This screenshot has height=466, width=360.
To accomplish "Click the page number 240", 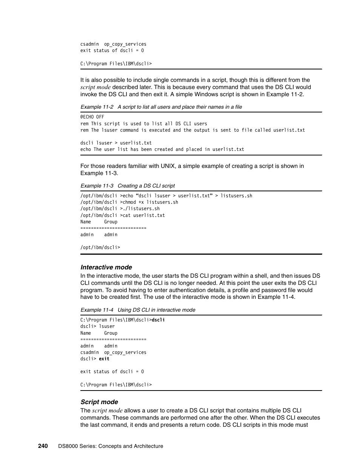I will point(43,446).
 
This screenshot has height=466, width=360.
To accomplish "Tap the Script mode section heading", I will point(99,402).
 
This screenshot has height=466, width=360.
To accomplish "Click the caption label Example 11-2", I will point(97,107).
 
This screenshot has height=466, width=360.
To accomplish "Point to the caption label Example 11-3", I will point(97,186).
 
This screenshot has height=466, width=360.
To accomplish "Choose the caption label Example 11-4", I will point(97,310).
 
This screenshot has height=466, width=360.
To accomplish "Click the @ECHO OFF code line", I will point(92,117).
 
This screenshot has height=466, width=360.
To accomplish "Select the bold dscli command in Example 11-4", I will point(158,320).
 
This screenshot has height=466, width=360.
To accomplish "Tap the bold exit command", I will point(104,359).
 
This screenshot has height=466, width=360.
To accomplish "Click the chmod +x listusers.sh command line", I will point(129,202).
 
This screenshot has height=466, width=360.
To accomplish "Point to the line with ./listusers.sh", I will point(120,209).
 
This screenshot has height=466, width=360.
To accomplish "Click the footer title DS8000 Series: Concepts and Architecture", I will point(111,446).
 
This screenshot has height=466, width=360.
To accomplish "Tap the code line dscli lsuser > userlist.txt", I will point(116,143).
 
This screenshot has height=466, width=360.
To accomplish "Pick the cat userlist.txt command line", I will point(123,215).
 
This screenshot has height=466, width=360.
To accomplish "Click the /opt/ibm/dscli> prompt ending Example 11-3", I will point(100,248).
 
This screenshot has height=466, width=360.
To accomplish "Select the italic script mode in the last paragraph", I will point(107,411).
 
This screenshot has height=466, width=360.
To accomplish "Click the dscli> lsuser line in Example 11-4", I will point(97,326).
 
